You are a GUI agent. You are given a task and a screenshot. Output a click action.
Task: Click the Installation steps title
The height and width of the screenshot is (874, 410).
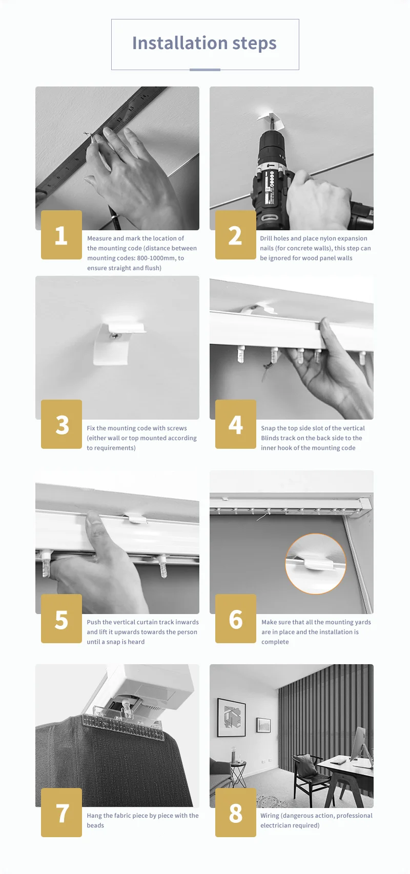[x=204, y=43]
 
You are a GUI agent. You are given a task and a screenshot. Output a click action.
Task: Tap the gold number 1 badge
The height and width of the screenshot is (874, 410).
[x=61, y=235]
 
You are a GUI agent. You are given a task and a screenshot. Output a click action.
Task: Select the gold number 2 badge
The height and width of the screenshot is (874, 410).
[x=236, y=235]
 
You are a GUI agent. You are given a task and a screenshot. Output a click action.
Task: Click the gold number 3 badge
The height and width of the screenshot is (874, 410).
[x=61, y=424]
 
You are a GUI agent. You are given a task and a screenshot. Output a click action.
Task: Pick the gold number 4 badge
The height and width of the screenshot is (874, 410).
[x=236, y=424]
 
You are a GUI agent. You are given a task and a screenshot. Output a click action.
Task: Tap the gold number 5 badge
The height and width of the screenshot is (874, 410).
[x=61, y=619]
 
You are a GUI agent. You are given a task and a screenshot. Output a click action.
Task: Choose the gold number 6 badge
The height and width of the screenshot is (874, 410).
[x=236, y=619]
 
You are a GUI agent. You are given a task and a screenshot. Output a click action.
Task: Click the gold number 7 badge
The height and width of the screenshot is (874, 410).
[x=61, y=813]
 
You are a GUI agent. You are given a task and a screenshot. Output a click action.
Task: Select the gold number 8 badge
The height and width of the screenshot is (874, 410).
[x=236, y=813]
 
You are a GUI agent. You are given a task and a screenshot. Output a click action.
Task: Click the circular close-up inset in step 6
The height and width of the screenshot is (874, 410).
[x=315, y=563]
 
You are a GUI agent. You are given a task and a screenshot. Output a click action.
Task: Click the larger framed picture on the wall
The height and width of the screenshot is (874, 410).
[x=231, y=718]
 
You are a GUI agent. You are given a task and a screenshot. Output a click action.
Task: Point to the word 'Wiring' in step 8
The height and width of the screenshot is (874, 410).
[x=270, y=816]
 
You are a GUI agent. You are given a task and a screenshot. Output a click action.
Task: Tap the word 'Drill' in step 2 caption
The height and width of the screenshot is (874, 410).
[x=267, y=238]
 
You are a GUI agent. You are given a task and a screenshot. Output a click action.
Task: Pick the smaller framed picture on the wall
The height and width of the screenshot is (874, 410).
[x=263, y=725]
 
